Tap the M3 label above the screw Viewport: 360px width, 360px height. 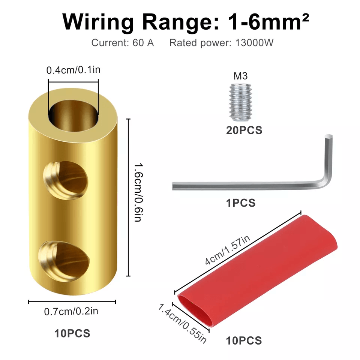click(241, 76)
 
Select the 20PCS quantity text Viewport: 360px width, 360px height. click(244, 130)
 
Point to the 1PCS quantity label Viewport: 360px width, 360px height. click(241, 203)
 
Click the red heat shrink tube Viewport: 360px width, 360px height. click(257, 271)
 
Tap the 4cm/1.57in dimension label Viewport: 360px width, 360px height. click(227, 250)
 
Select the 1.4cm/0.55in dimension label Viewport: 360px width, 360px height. click(182, 323)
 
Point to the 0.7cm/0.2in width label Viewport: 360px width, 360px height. click(71, 312)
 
